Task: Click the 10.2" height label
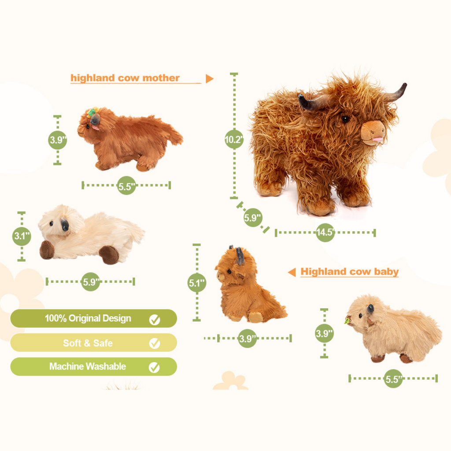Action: pyautogui.click(x=234, y=140)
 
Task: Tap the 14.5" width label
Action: pyautogui.click(x=325, y=233)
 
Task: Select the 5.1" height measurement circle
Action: pyautogui.click(x=196, y=283)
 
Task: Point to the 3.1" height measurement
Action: pyautogui.click(x=22, y=236)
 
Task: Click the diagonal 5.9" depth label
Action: pyautogui.click(x=253, y=217)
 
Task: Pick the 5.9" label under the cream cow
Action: pyautogui.click(x=91, y=282)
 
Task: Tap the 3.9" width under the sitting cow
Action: pyautogui.click(x=247, y=338)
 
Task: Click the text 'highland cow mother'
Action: pyautogui.click(x=125, y=78)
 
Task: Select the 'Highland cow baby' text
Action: pyautogui.click(x=349, y=272)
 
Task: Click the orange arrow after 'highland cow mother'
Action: pyautogui.click(x=209, y=79)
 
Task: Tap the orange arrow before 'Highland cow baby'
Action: pyautogui.click(x=292, y=272)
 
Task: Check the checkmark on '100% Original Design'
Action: pyautogui.click(x=155, y=319)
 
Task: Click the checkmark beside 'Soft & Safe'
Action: pyautogui.click(x=155, y=343)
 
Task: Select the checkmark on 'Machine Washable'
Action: pyautogui.click(x=155, y=367)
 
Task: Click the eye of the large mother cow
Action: pyautogui.click(x=345, y=119)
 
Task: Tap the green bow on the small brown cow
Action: pyautogui.click(x=92, y=113)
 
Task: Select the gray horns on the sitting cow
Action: pyautogui.click(x=239, y=255)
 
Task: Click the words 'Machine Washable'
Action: pyautogui.click(x=88, y=366)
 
